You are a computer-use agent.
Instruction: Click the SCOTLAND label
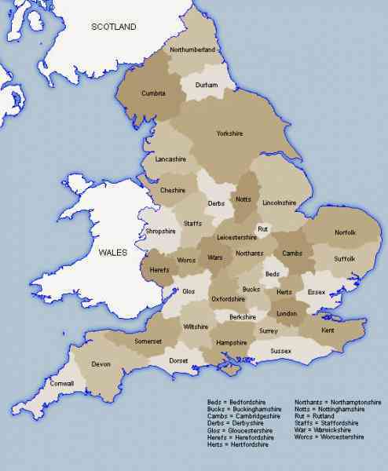pos(114,27)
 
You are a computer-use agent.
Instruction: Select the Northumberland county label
pos(192,49)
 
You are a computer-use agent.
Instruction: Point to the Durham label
pos(206,85)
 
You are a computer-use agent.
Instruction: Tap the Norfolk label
pos(345,232)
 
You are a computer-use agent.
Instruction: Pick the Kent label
pos(328,332)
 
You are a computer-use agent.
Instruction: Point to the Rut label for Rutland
pos(263,228)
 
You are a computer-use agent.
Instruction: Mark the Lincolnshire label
pos(280,203)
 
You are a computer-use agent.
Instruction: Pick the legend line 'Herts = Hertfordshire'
pos(238,445)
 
